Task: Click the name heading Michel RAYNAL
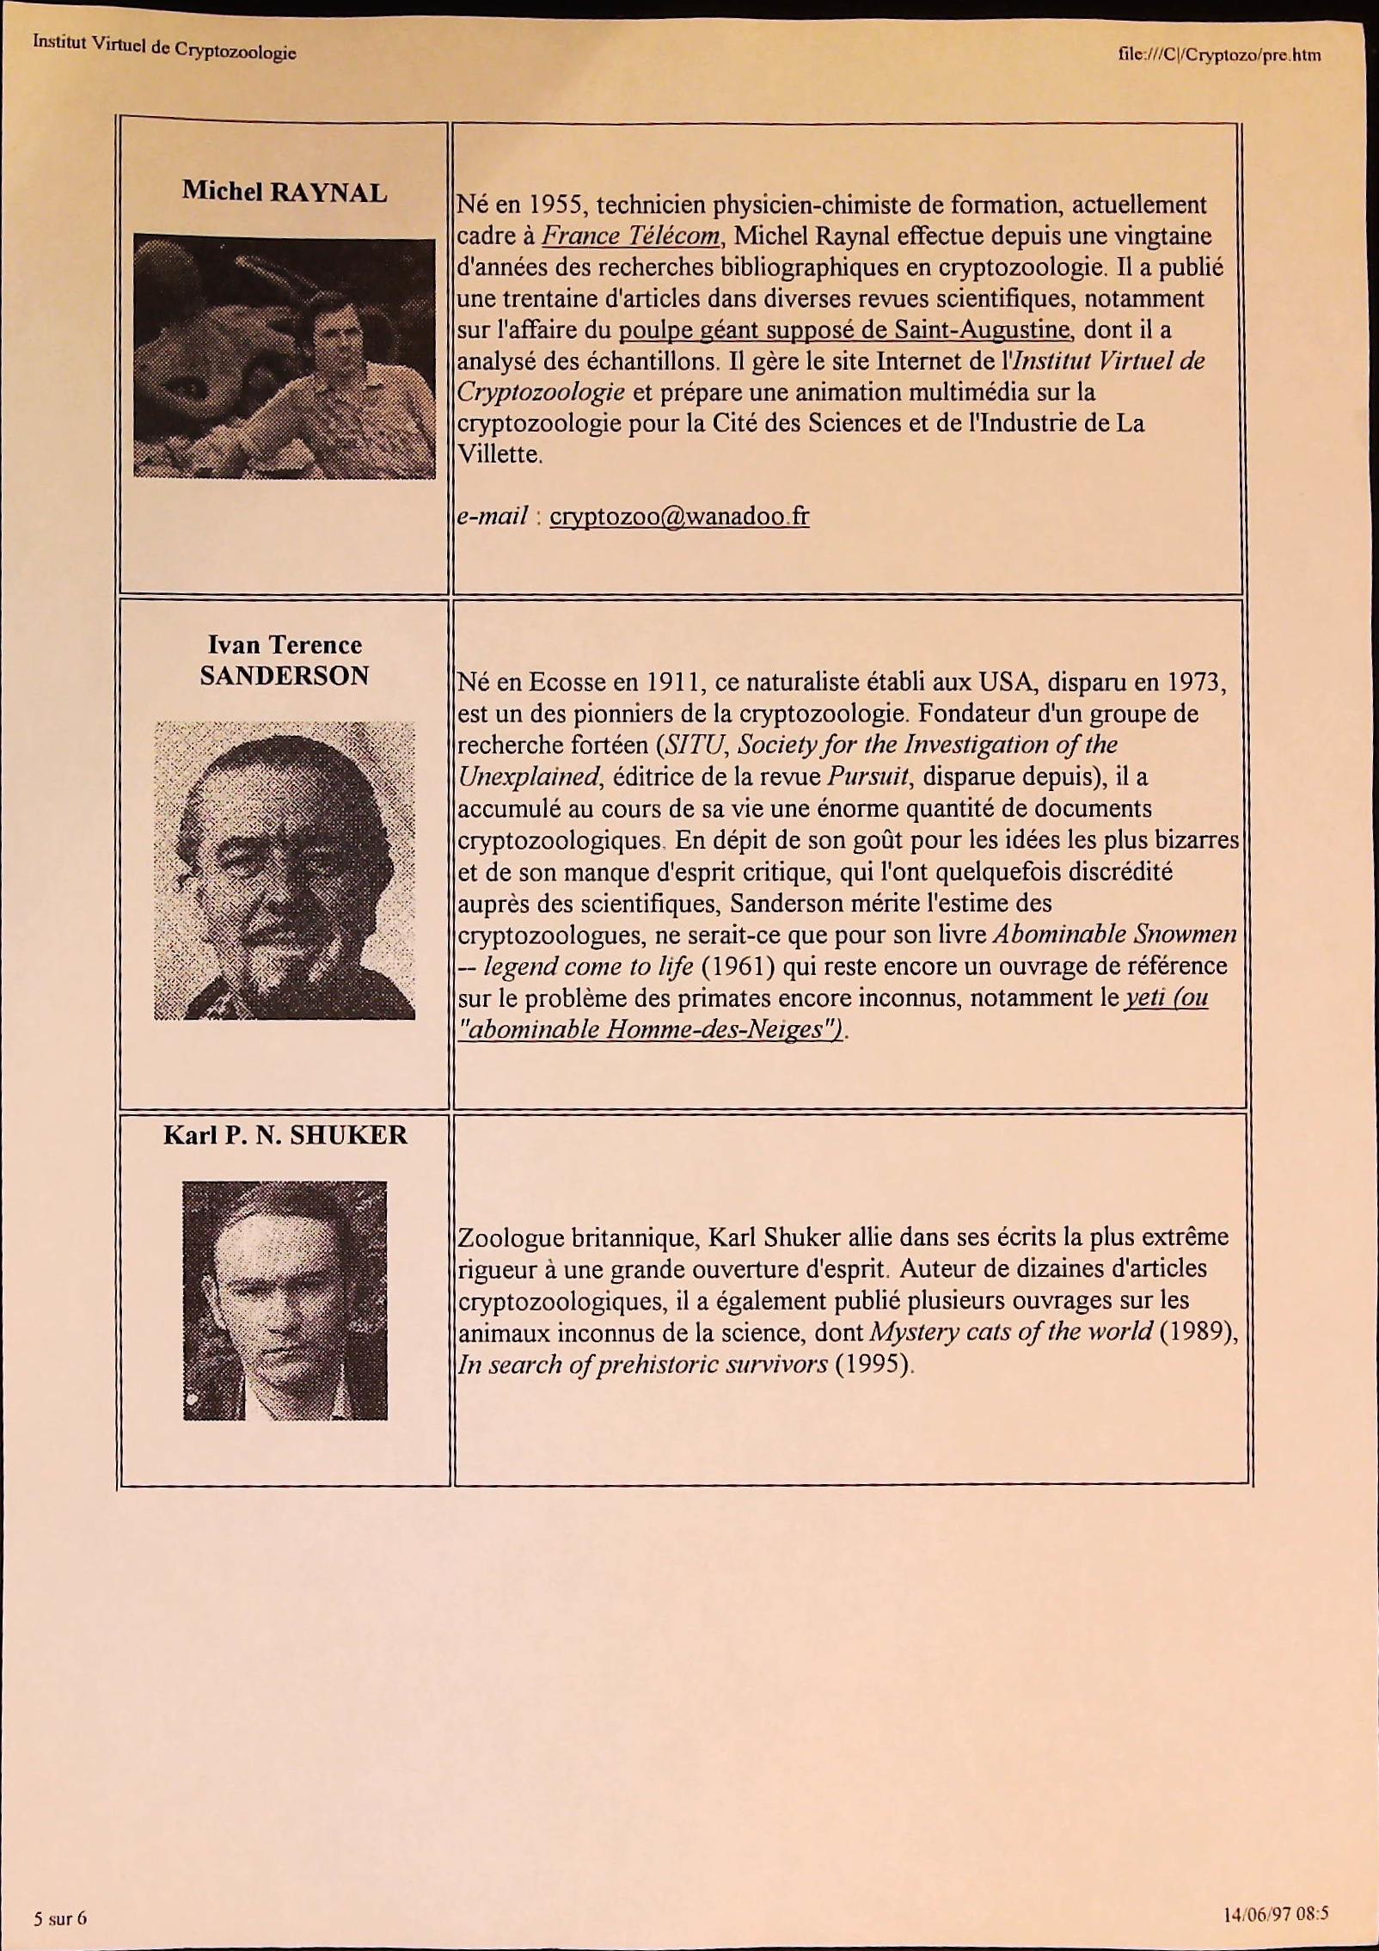(285, 192)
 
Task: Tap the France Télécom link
(630, 236)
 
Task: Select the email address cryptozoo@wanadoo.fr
(679, 516)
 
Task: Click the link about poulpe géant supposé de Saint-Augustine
(844, 330)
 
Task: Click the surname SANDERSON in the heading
(285, 677)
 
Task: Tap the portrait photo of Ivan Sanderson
(285, 869)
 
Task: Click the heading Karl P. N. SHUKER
(285, 1136)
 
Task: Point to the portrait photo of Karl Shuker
(285, 1300)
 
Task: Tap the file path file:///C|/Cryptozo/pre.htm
(1219, 56)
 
